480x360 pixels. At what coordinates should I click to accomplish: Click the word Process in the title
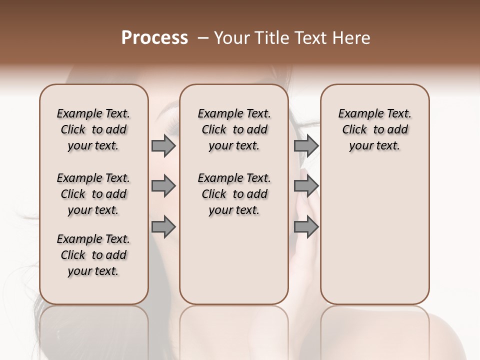(154, 38)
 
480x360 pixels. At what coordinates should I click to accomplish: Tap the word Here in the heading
(351, 38)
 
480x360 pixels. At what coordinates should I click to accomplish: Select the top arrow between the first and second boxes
(163, 145)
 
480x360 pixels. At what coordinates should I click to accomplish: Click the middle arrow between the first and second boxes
(163, 186)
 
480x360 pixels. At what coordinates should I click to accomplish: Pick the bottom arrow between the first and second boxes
(163, 227)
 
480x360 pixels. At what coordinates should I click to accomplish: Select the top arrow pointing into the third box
(306, 145)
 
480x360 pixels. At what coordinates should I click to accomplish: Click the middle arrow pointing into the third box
(306, 186)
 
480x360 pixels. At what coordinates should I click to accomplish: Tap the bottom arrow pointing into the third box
(306, 227)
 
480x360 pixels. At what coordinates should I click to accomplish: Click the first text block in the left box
(93, 129)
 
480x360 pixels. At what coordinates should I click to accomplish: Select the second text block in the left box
(93, 194)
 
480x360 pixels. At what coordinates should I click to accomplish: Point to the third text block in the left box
(93, 255)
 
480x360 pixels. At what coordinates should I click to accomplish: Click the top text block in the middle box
(234, 129)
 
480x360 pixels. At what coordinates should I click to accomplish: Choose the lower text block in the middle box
(234, 194)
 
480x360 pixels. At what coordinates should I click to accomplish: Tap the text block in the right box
(375, 129)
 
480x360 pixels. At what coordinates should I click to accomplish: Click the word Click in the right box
(354, 129)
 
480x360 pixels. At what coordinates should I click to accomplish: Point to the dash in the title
(203, 38)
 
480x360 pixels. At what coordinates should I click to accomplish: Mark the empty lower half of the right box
(375, 235)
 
